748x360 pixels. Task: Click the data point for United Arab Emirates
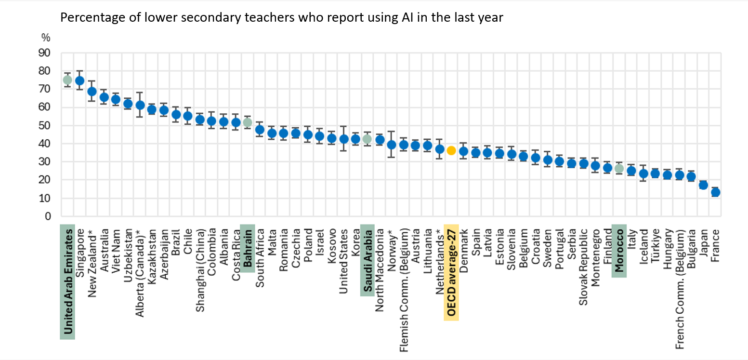click(67, 80)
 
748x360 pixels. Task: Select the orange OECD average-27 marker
click(451, 151)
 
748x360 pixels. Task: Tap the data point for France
click(715, 192)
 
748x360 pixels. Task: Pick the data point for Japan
click(703, 185)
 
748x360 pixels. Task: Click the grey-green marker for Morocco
click(619, 169)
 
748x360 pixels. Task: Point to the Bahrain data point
click(248, 122)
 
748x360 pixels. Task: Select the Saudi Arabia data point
click(367, 139)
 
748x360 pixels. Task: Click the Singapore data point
click(79, 80)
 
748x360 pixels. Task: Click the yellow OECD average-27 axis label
click(451, 272)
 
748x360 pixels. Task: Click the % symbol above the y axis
click(46, 38)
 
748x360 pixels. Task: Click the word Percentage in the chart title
click(85, 18)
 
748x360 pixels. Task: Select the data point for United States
click(343, 139)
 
